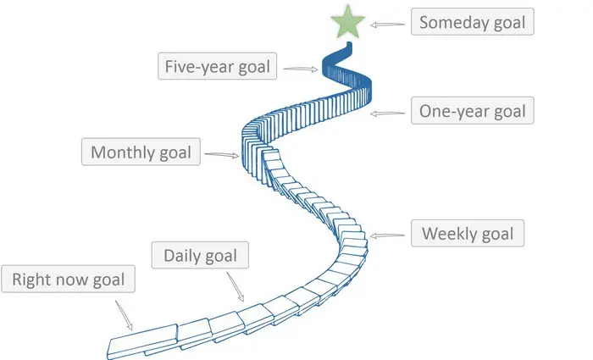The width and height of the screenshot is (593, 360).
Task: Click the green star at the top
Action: (348, 24)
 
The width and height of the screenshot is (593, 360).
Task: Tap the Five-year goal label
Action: (218, 66)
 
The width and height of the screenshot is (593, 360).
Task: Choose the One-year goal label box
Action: (473, 111)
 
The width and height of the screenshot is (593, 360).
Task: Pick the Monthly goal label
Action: (141, 153)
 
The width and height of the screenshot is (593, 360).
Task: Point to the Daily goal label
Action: (201, 255)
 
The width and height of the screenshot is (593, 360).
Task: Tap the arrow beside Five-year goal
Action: (301, 69)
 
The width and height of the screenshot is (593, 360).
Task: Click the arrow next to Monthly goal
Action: (223, 155)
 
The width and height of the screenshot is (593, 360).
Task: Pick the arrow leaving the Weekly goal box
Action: (388, 235)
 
